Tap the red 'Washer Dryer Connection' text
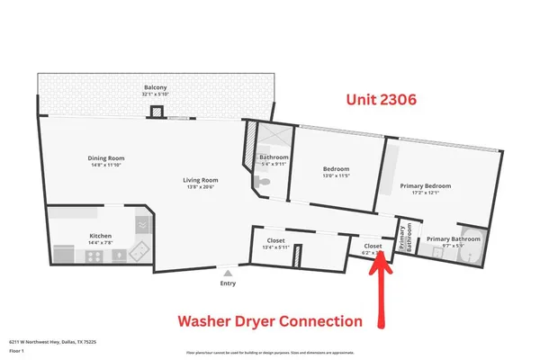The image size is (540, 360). click(269, 321)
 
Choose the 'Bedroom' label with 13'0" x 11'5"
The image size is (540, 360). click(336, 169)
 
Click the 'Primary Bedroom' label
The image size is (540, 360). click(425, 186)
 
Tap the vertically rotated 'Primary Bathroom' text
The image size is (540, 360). click(407, 236)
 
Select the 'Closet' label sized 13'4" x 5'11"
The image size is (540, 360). click(276, 240)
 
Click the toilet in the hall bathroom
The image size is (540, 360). click(260, 182)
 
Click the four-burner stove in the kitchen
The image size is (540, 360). click(95, 256)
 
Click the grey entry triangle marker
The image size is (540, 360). click(228, 271)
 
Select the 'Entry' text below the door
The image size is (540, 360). click(228, 283)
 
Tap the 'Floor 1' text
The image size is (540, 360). click(18, 351)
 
